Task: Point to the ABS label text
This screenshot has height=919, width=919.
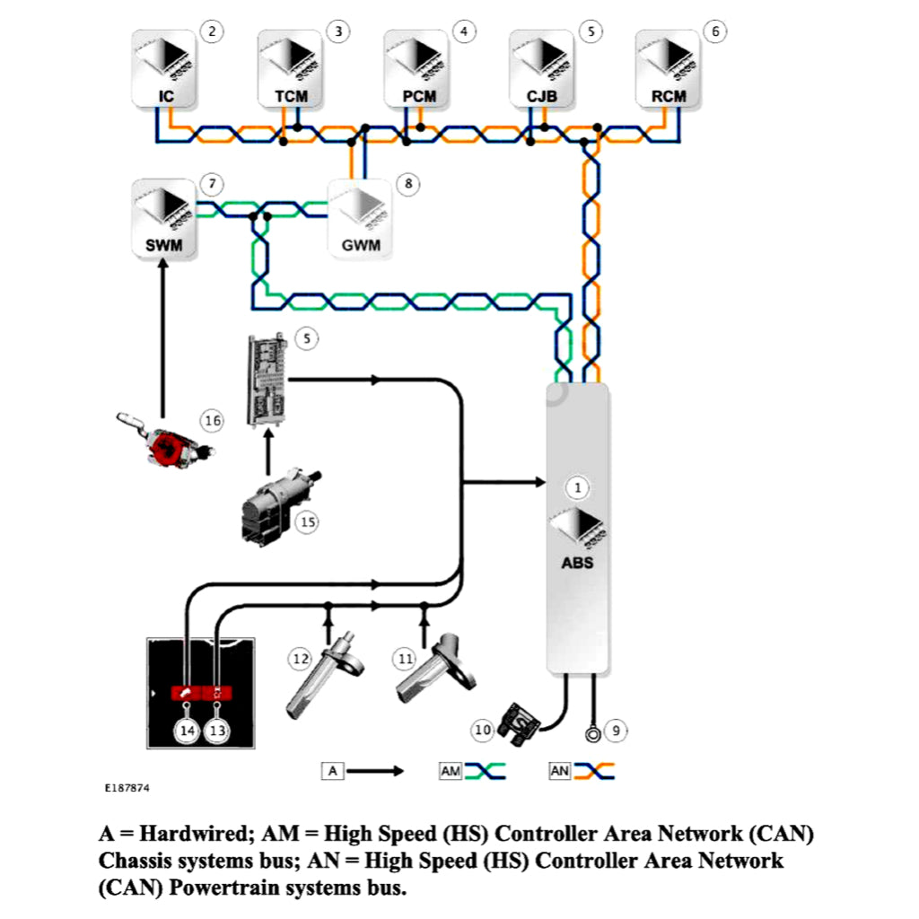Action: [x=577, y=563]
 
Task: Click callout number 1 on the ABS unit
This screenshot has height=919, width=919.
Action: [x=579, y=487]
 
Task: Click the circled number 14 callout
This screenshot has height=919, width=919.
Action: [x=187, y=731]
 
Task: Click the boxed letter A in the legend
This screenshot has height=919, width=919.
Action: [x=333, y=770]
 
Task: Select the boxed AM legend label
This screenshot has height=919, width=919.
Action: [x=451, y=770]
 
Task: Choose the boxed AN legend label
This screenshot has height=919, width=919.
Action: [x=560, y=770]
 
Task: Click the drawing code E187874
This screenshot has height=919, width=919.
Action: [x=127, y=788]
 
